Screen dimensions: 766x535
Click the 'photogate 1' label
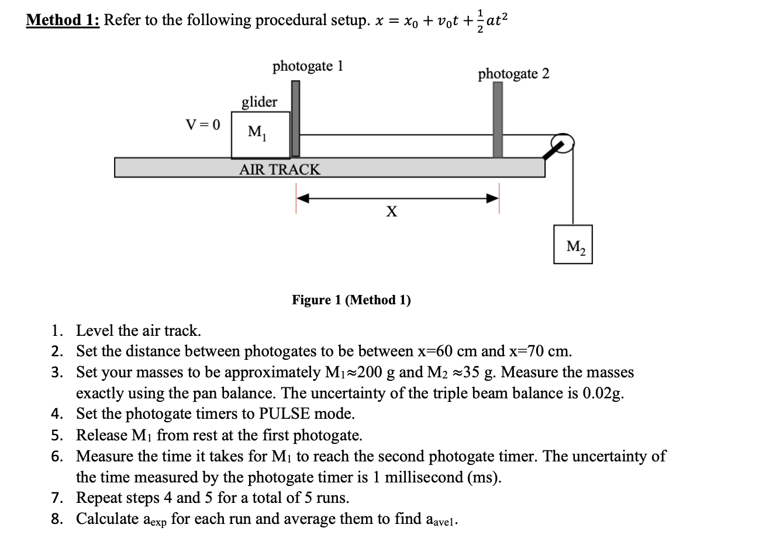coord(308,66)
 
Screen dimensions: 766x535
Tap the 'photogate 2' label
coord(513,74)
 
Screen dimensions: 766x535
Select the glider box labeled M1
coord(261,135)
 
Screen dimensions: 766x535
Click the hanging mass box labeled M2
coord(572,244)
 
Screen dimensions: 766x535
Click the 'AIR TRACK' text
coord(280,170)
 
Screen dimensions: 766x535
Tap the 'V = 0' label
coord(203,124)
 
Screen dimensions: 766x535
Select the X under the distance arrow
coord(391,211)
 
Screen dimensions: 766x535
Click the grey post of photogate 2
coord(498,120)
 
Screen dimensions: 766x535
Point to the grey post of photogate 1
coord(295,119)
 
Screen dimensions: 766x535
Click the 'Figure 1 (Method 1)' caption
coord(351,300)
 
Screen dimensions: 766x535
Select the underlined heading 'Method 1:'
coord(63,20)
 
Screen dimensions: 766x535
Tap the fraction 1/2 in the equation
coord(481,20)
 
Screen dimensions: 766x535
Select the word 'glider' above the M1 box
coord(260,102)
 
